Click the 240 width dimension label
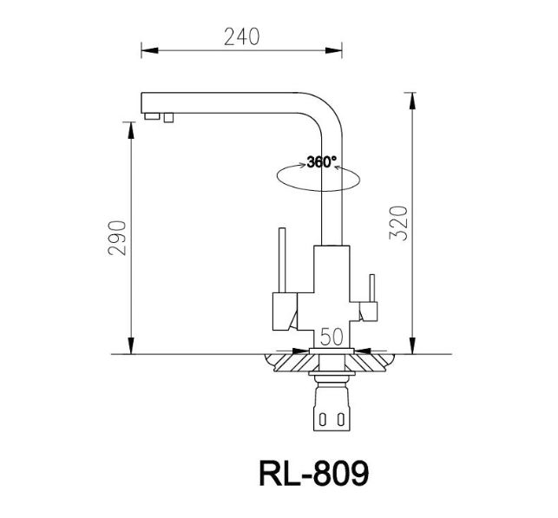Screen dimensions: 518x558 point(241,36)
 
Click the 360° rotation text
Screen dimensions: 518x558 point(321,162)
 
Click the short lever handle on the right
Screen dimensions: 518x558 point(371,286)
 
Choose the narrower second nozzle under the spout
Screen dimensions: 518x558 point(167,116)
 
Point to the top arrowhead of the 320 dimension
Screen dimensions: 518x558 point(409,95)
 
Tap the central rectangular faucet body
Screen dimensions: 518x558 point(331,286)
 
